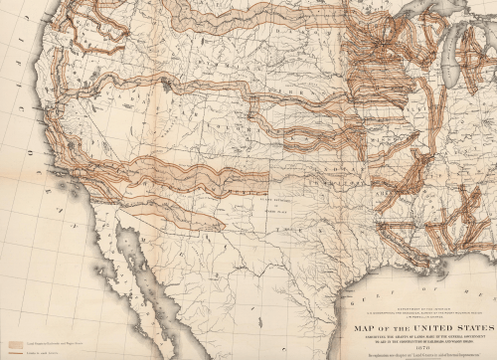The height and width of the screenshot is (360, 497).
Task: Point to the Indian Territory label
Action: [x=328, y=185]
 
